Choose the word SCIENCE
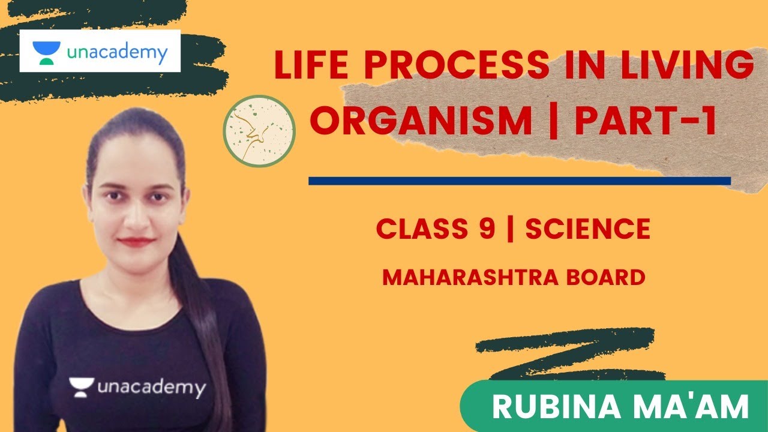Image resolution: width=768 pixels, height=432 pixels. pos(588,229)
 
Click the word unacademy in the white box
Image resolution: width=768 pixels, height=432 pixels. pos(116,54)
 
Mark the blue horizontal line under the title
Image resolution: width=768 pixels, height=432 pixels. pos(519,181)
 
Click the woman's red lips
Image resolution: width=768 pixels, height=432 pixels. pos(136,242)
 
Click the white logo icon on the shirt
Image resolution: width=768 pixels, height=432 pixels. pos(82,386)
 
